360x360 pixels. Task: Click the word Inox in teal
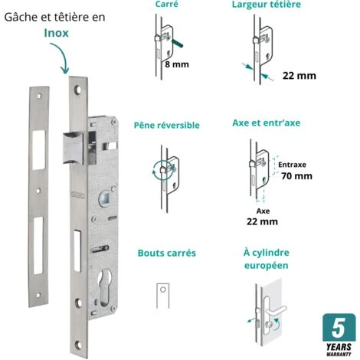(56, 33)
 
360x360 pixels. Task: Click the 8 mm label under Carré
(177, 64)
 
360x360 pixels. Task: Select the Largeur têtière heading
(267, 5)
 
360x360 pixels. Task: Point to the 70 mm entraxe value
(296, 176)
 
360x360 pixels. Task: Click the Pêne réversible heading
(167, 125)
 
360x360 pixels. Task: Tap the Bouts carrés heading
(167, 253)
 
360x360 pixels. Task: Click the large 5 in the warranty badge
(339, 329)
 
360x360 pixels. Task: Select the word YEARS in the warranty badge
(339, 347)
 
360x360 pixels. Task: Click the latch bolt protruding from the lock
(74, 148)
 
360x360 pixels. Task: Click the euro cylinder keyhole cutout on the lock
(105, 287)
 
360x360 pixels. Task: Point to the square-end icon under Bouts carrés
(163, 296)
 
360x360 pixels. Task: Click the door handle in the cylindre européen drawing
(276, 311)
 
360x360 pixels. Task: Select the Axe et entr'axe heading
(267, 123)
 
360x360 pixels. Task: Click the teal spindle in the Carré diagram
(178, 44)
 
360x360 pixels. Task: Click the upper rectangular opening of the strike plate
(39, 150)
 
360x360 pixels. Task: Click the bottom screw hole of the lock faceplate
(78, 345)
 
